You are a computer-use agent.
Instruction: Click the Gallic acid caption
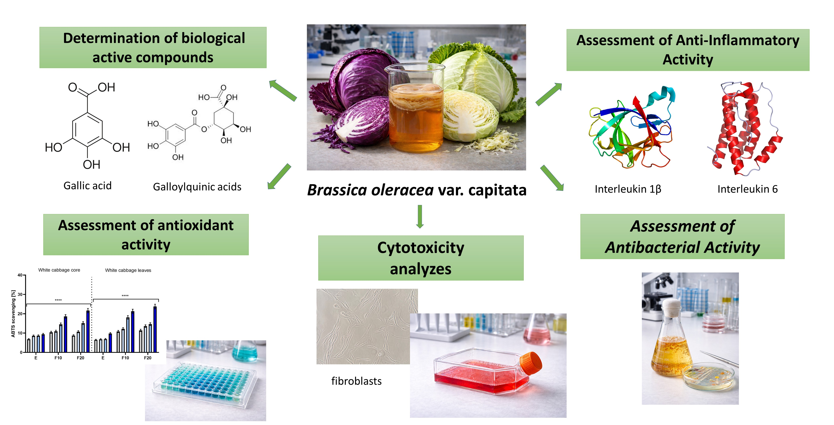pos(87,186)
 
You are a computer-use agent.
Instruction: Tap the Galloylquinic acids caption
pos(197,187)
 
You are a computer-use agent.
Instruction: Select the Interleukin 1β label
pos(628,189)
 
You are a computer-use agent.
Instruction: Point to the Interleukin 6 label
pos(747,189)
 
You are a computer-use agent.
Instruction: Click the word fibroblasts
pos(356,381)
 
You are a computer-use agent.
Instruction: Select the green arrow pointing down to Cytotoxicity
pos(420,216)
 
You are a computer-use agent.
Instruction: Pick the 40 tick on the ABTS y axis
pos(20,275)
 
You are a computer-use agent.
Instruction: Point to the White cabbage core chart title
pos(59,270)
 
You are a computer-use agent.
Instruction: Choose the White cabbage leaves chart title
pos(128,270)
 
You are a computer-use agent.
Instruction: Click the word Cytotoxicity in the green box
pos(421,248)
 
